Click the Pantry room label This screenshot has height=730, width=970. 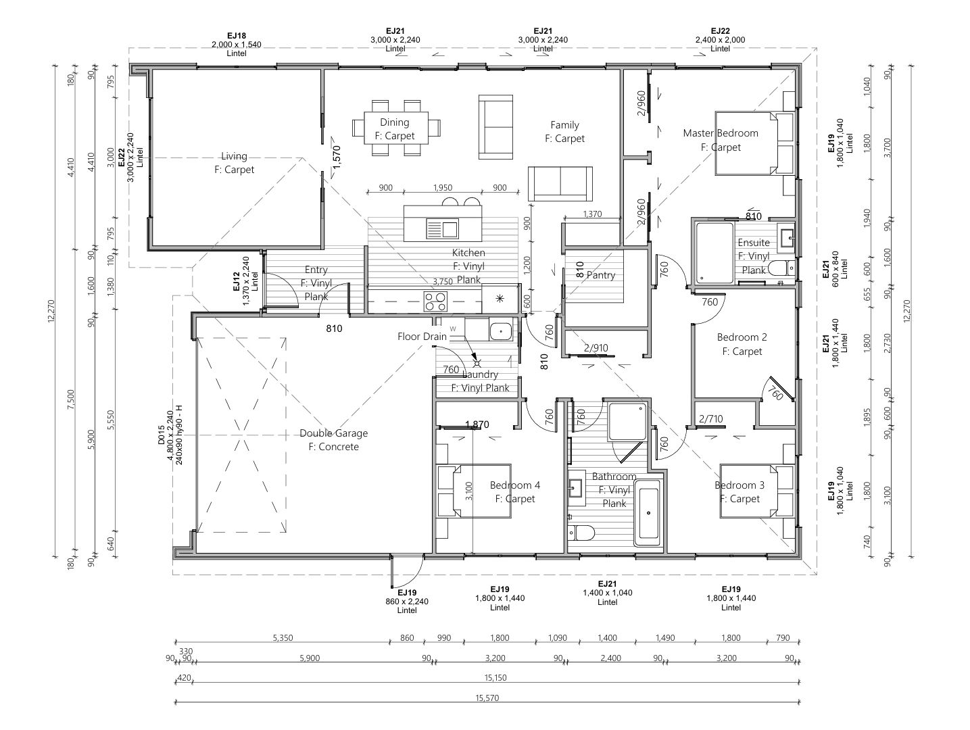pyautogui.click(x=600, y=275)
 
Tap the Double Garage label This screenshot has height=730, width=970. pyautogui.click(x=334, y=433)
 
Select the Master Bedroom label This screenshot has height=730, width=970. pyautogui.click(x=721, y=133)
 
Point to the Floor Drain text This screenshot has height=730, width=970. pyautogui.click(x=422, y=337)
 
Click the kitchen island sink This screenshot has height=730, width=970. pyautogui.click(x=442, y=229)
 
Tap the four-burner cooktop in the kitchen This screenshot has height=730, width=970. pyautogui.click(x=435, y=301)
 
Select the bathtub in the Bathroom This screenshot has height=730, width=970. pyautogui.click(x=648, y=512)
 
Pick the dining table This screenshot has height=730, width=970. pyautogui.click(x=396, y=128)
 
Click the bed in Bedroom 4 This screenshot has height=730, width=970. pyautogui.click(x=474, y=491)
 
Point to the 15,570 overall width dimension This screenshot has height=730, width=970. pyautogui.click(x=487, y=698)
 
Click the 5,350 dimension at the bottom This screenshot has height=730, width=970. pyautogui.click(x=283, y=637)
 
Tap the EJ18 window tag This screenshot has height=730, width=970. pyautogui.click(x=237, y=35)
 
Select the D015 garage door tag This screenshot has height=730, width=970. pyautogui.click(x=161, y=435)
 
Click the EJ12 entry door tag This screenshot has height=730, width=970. pyautogui.click(x=237, y=281)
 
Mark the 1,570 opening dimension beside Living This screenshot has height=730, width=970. pyautogui.click(x=337, y=157)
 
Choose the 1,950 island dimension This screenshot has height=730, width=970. pyautogui.click(x=442, y=188)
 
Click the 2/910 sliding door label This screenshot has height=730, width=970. pyautogui.click(x=596, y=348)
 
